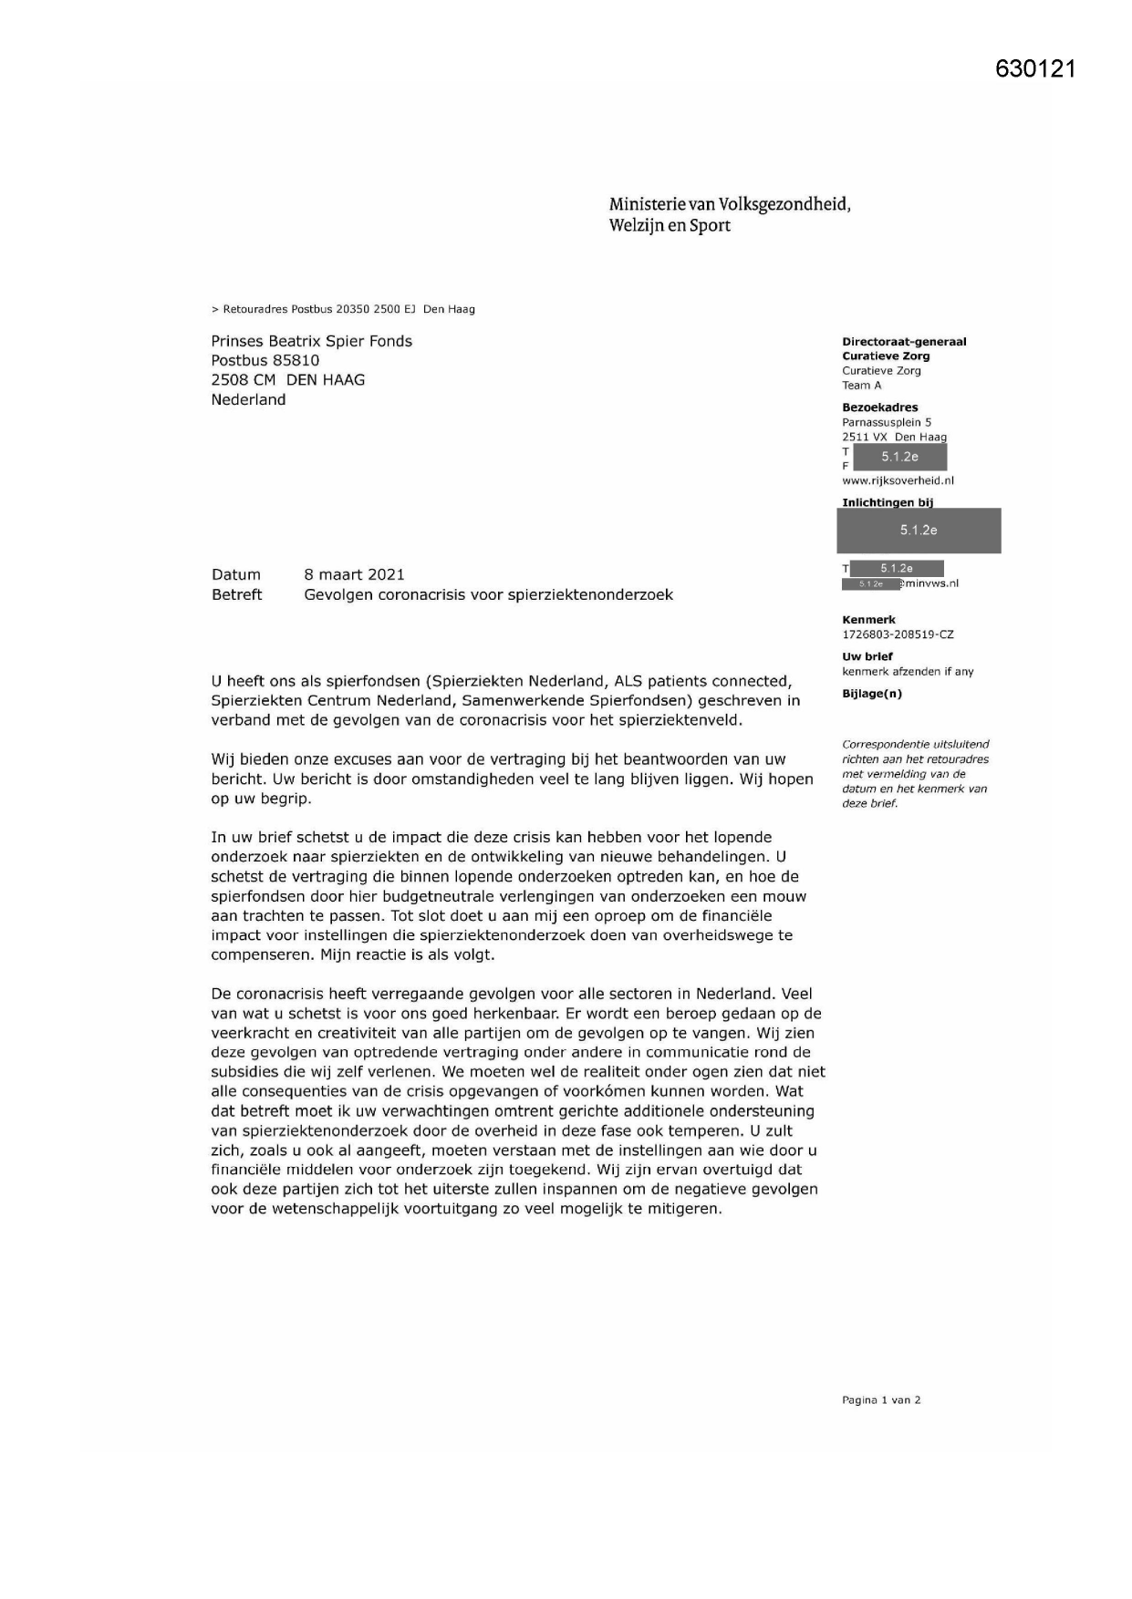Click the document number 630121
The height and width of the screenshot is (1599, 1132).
click(1035, 69)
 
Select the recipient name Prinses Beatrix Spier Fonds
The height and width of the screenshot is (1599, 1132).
click(311, 341)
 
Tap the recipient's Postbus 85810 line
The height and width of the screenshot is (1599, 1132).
click(265, 360)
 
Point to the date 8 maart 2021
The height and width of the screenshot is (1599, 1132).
click(354, 574)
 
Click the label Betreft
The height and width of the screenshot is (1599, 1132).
click(236, 594)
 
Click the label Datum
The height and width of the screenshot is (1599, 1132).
click(235, 574)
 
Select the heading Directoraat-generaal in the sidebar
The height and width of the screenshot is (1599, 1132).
click(903, 342)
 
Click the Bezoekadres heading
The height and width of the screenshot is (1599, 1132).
click(879, 407)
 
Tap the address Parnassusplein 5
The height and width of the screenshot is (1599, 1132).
click(886, 422)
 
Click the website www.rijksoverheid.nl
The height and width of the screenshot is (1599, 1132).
click(898, 480)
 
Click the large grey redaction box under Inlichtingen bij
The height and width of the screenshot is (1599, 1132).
click(918, 531)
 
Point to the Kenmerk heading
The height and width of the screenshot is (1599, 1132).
click(868, 620)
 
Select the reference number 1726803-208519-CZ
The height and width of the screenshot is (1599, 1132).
click(897, 634)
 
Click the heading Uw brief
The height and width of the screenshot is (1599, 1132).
click(867, 656)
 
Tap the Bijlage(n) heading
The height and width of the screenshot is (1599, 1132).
click(871, 694)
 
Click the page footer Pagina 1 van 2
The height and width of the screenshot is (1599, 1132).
click(880, 1400)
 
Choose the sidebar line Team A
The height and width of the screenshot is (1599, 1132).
click(861, 385)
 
